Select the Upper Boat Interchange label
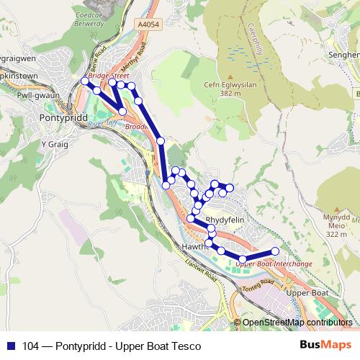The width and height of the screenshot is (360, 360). (274, 264)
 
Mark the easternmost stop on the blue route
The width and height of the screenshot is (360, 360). (275, 251)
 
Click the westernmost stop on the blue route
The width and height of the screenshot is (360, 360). (85, 83)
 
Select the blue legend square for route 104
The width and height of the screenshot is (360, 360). (10, 345)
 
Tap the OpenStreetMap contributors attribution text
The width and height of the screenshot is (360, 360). (297, 323)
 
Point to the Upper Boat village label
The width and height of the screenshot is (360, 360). (307, 294)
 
